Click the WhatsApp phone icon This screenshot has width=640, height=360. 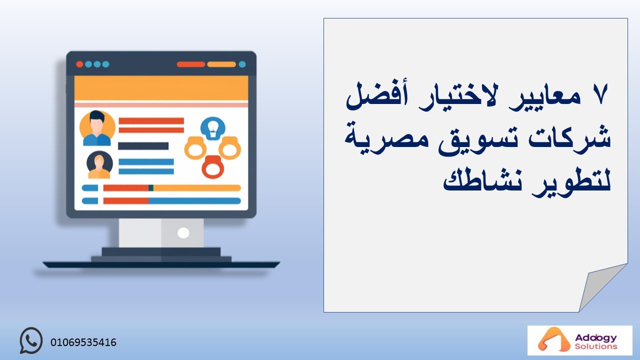[31, 340]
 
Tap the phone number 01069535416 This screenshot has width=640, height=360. [83, 342]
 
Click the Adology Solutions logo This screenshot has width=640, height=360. [579, 340]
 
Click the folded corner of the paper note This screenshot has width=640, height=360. [599, 285]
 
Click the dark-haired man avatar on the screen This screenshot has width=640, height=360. [97, 128]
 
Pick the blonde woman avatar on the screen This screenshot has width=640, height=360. [99, 165]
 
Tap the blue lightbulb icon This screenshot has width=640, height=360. [212, 128]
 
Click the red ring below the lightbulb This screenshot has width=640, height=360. [213, 167]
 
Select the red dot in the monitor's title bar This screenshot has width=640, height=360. [79, 64]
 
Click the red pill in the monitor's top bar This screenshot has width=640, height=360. [191, 64]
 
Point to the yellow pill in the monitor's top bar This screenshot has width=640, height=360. [221, 64]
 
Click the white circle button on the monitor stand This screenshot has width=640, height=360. [183, 233]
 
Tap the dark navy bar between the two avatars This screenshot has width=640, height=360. [143, 146]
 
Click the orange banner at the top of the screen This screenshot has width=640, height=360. [161, 88]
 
